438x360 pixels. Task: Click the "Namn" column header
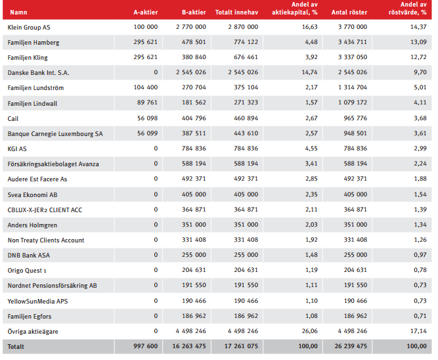[x=18, y=12]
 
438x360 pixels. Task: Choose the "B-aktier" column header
[x=194, y=12]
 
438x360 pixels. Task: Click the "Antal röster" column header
[x=349, y=12]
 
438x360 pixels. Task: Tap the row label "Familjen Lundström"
[x=35, y=88]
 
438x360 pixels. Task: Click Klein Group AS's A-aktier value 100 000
[x=146, y=27]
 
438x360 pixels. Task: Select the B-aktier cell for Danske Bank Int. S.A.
[x=191, y=72]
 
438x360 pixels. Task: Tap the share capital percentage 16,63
[x=309, y=27]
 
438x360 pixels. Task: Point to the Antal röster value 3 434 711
[x=353, y=42]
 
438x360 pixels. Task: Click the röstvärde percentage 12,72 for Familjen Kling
[x=418, y=57]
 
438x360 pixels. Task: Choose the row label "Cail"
[x=13, y=118]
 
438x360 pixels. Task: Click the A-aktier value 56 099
[x=147, y=133]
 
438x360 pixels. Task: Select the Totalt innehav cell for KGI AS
[x=246, y=148]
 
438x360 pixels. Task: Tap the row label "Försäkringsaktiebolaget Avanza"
[x=53, y=164]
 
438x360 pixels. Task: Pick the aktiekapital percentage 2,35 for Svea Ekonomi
[x=311, y=194]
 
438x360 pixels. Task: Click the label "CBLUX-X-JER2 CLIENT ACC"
[x=45, y=210]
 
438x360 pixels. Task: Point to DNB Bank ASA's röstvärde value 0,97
[x=420, y=254]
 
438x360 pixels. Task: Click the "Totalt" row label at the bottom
[x=16, y=347]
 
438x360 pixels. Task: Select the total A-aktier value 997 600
[x=146, y=346]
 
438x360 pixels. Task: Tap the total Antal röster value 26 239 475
[x=351, y=346]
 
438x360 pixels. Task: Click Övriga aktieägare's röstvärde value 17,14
[x=418, y=331]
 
